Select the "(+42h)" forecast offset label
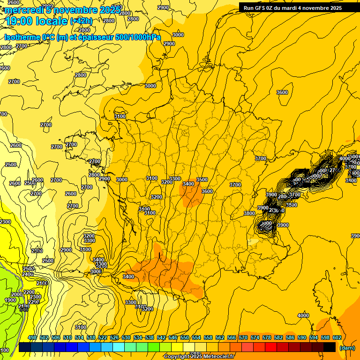(x=82, y=21)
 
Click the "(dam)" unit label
(x=347, y=348)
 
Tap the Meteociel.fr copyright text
(x=199, y=357)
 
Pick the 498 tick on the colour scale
(x=32, y=337)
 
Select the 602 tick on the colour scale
(x=337, y=337)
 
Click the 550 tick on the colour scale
(x=185, y=337)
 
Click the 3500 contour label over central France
(x=202, y=180)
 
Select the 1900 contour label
(x=10, y=300)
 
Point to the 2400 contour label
(x=28, y=274)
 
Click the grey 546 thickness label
(x=23, y=309)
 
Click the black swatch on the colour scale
(x=330, y=347)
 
